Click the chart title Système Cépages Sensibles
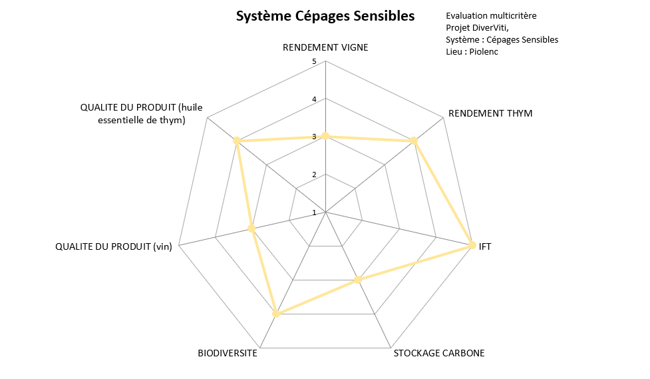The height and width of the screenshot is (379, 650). tap(325, 16)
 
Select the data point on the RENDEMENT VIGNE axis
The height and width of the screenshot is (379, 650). tap(326, 136)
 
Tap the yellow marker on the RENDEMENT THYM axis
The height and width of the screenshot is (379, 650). tap(414, 141)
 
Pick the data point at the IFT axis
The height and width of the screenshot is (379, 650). tap(472, 245)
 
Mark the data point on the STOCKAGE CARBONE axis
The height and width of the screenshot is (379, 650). tap(359, 280)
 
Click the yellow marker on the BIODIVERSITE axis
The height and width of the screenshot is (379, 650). tap(277, 314)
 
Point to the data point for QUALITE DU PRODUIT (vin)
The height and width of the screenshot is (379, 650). tap(251, 228)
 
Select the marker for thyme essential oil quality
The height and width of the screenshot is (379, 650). tap(237, 141)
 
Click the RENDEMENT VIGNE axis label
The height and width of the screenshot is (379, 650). tap(325, 47)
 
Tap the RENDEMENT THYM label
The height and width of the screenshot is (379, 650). tap(490, 113)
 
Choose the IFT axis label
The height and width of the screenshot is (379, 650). tap(485, 246)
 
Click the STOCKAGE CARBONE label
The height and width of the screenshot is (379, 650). tap(439, 353)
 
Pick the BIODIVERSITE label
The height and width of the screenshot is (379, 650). tap(228, 353)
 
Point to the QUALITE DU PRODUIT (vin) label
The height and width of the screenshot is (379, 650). tap(114, 246)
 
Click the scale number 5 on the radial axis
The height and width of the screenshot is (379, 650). tap(314, 62)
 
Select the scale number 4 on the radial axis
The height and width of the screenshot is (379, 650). tap(314, 99)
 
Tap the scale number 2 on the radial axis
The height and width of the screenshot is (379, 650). tap(314, 175)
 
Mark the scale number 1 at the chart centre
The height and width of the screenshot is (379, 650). tap(314, 212)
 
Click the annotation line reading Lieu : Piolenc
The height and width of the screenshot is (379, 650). tap(472, 52)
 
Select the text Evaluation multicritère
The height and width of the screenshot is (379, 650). tap(491, 16)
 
